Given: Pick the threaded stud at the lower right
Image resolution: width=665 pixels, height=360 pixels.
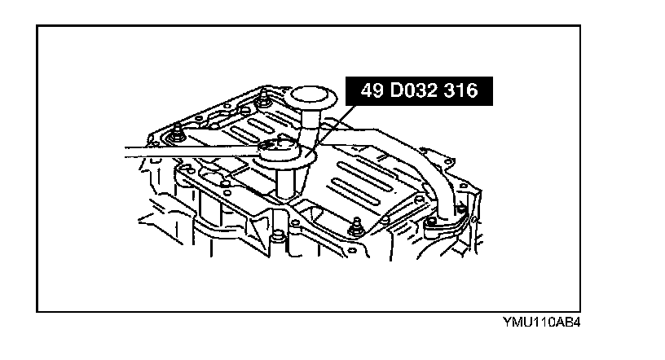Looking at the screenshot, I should [x=354, y=230].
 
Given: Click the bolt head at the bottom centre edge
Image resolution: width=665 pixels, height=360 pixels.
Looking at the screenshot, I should [x=280, y=237].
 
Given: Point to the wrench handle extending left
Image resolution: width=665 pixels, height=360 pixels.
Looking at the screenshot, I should [x=187, y=151].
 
